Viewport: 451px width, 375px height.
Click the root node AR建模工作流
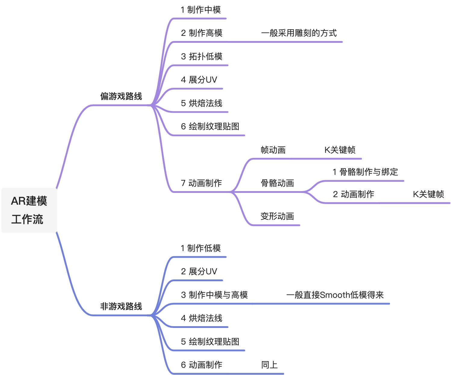coord(29,210)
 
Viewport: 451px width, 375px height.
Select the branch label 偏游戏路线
coord(121,96)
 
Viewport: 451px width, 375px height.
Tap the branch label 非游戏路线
coord(121,307)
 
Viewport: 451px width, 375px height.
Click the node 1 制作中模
coord(201,10)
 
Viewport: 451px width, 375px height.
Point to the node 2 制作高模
coord(202,33)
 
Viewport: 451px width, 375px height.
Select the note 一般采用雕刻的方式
coord(299,33)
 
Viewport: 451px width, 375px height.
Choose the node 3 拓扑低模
coord(202,57)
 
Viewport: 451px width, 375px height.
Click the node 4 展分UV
coord(199,80)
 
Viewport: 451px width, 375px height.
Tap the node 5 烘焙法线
coord(202,103)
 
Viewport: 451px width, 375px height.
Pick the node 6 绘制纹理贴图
coord(210,127)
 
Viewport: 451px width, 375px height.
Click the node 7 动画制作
coord(201,183)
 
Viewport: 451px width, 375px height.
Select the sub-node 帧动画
coord(273,150)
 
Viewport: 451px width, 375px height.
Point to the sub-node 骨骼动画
coord(277,183)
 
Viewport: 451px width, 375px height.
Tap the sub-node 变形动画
coord(277,216)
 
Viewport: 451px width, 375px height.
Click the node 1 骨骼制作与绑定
coord(365,172)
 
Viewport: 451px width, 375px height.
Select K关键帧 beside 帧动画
coord(340,150)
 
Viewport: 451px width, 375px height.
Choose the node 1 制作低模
coord(201,248)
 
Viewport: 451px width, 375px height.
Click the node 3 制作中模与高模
coord(214,295)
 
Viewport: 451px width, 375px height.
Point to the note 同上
coord(269,365)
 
